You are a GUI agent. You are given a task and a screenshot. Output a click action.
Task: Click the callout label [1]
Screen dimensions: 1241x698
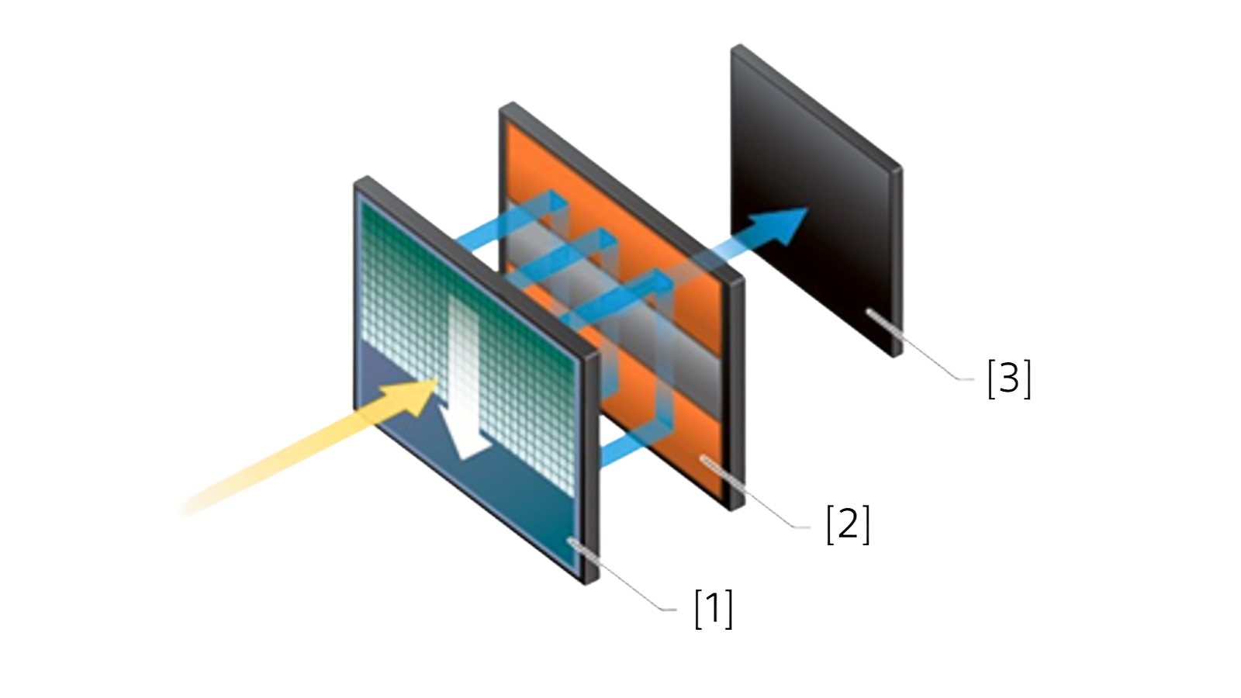714,609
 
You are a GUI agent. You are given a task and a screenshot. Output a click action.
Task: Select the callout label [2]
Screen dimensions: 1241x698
848,524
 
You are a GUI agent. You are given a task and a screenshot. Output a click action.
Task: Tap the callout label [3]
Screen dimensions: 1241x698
1009,379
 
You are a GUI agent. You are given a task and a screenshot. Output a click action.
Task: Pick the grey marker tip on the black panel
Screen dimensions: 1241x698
872,313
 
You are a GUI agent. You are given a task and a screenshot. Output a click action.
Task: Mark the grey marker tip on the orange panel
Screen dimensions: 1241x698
706,460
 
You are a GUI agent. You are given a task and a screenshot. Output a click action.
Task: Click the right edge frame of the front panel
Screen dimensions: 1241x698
592,468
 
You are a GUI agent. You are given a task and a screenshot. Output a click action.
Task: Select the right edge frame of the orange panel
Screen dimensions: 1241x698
737,393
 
